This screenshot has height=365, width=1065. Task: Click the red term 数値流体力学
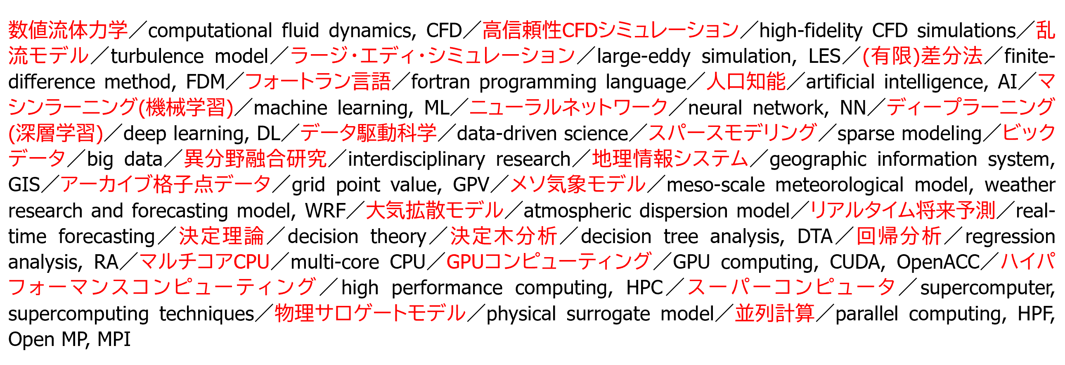(x=68, y=30)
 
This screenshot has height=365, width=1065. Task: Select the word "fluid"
(x=300, y=31)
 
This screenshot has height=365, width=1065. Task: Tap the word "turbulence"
(x=157, y=56)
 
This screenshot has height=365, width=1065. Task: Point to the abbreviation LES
(x=824, y=56)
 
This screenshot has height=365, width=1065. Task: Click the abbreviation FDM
(x=205, y=82)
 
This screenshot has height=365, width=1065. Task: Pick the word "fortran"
(x=440, y=82)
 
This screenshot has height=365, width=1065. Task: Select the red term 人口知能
(x=746, y=81)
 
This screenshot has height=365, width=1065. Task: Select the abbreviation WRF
(x=325, y=211)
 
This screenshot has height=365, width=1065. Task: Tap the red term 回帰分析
(x=899, y=236)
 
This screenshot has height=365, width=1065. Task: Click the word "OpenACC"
(x=938, y=262)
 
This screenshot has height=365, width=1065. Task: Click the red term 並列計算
(x=775, y=313)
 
